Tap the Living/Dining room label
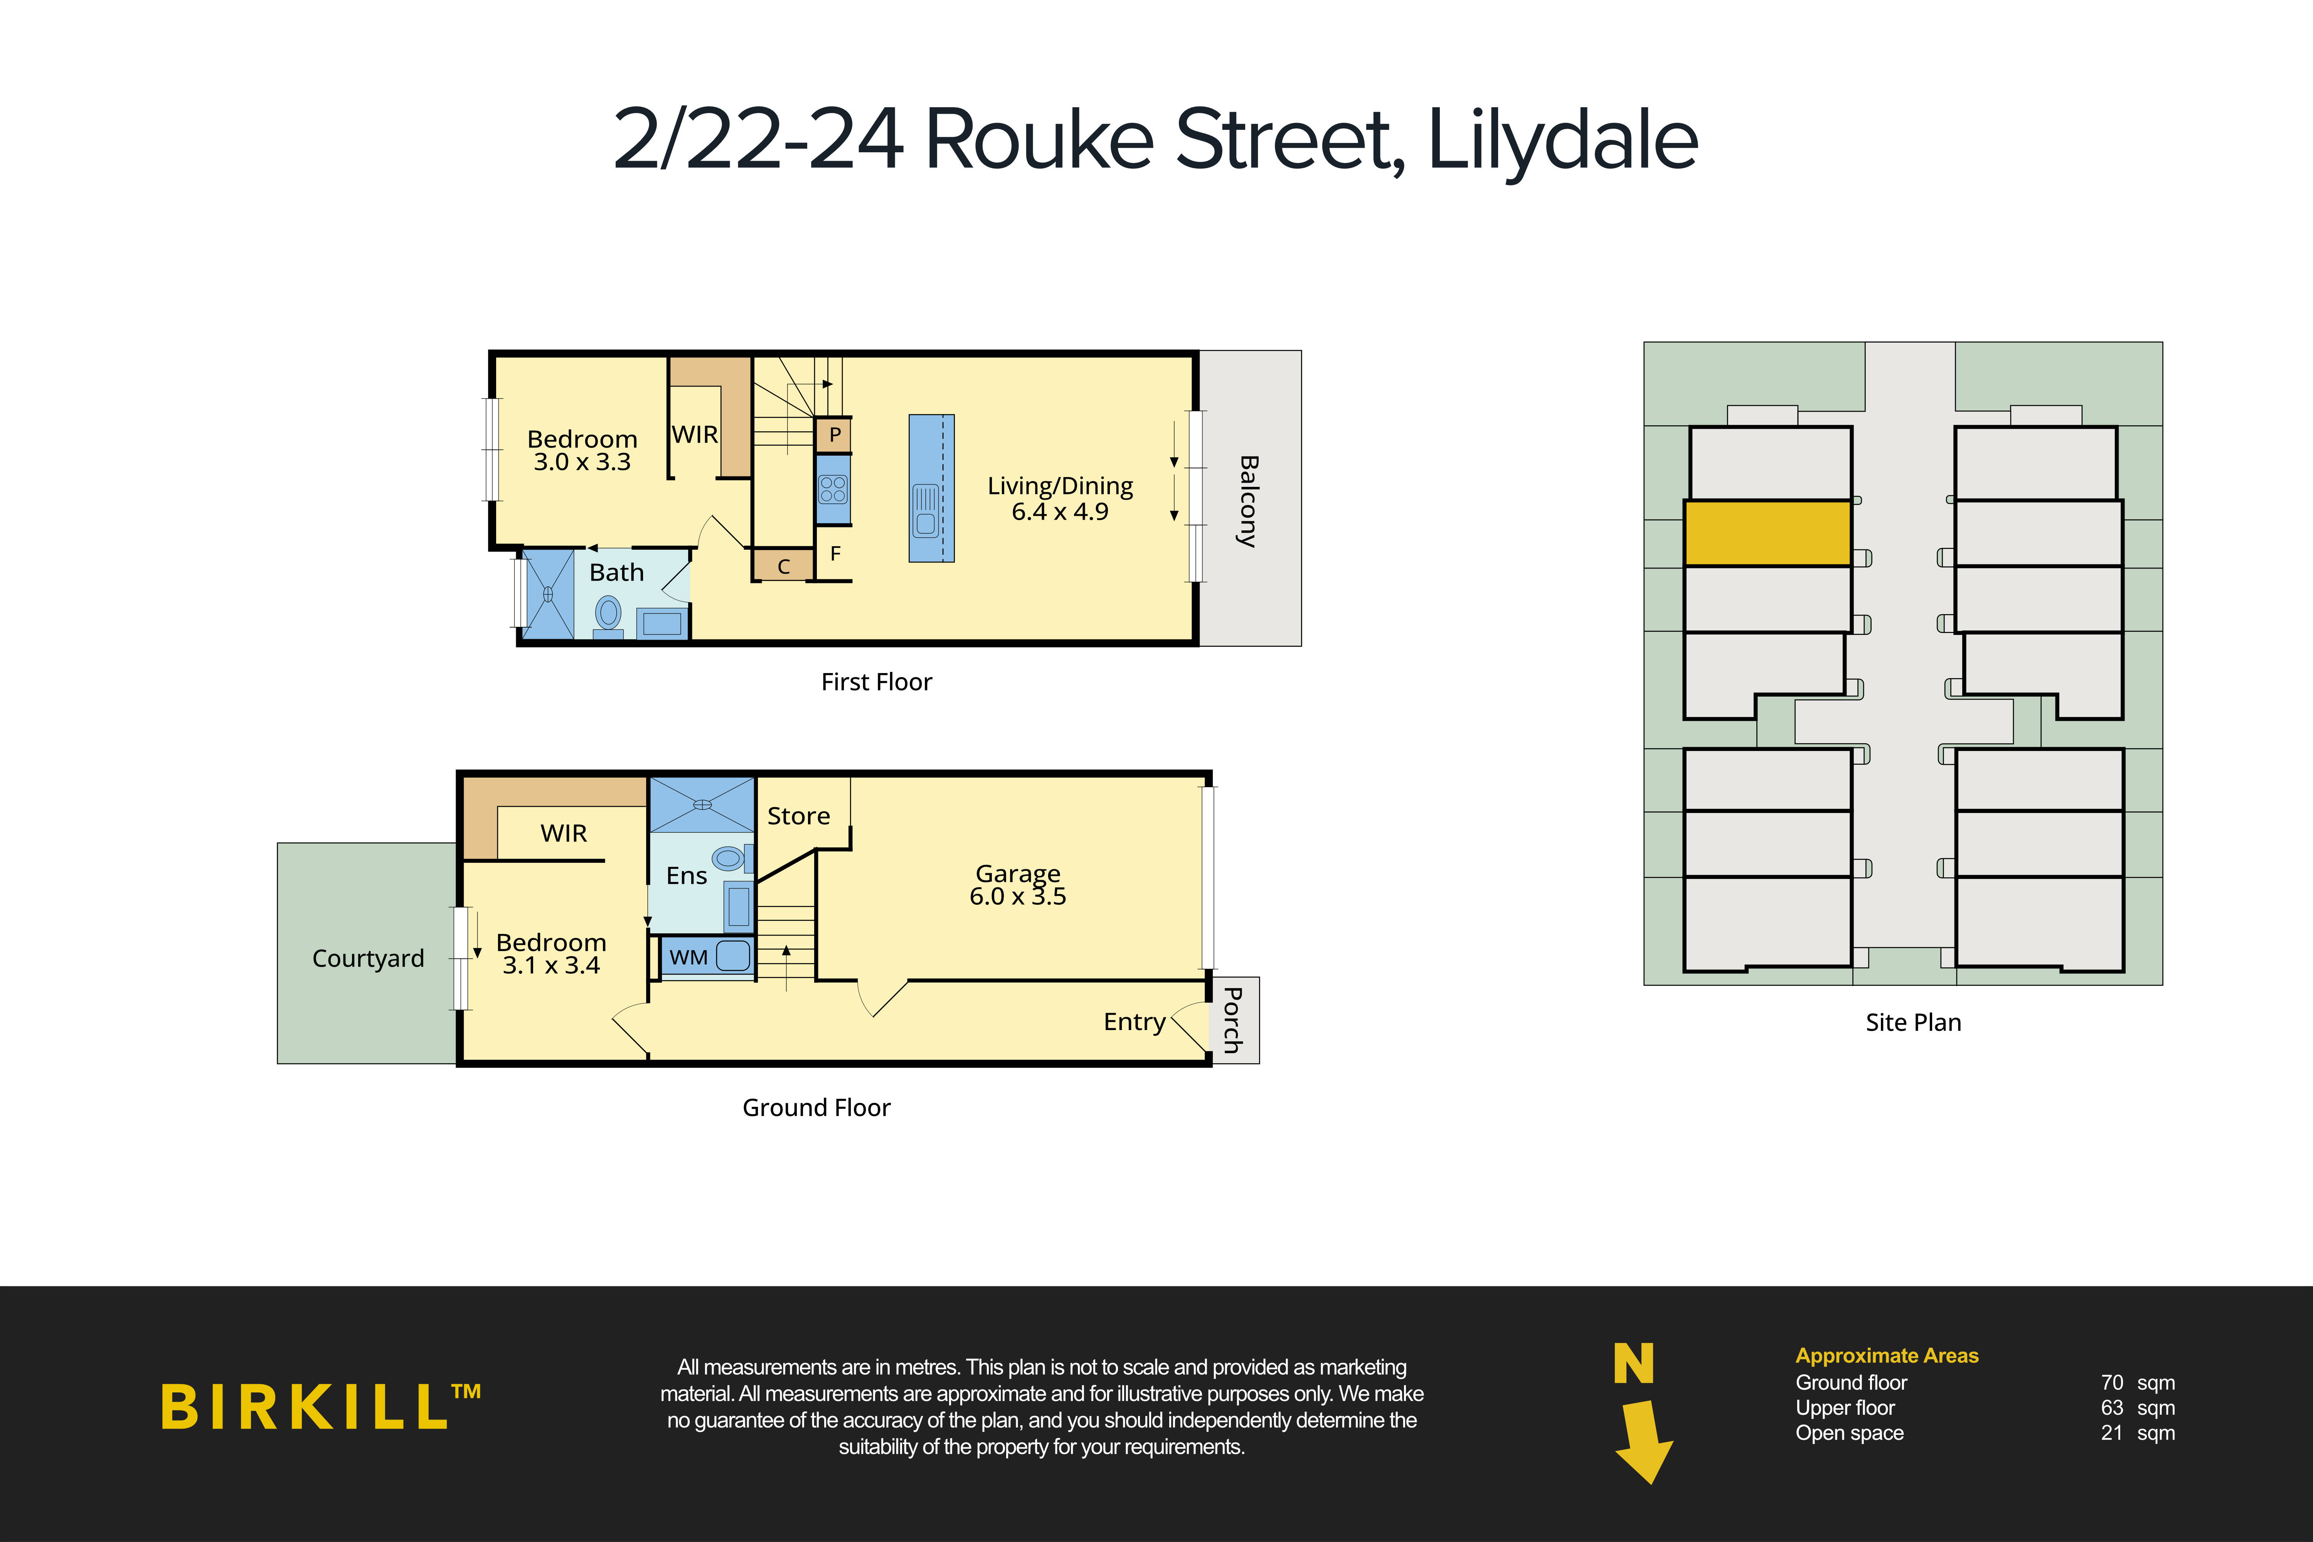pyautogui.click(x=1060, y=498)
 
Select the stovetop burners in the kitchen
pyautogui.click(x=833, y=489)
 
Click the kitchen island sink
pyautogui.click(x=926, y=512)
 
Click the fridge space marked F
pyautogui.click(x=835, y=554)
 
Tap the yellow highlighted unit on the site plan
pyautogui.click(x=1767, y=533)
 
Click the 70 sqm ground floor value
pyautogui.click(x=2137, y=1383)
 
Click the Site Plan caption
pyautogui.click(x=1913, y=1023)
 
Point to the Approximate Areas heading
pyautogui.click(x=1886, y=1355)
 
